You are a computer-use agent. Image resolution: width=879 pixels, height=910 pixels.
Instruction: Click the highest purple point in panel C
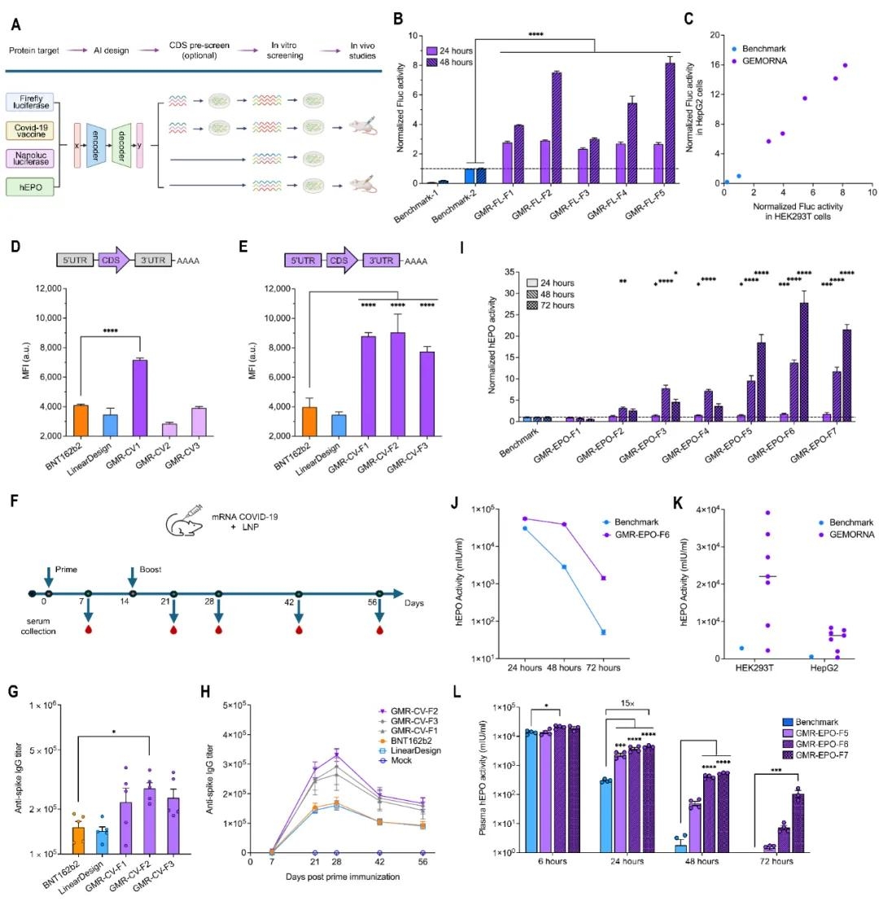tap(845, 65)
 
